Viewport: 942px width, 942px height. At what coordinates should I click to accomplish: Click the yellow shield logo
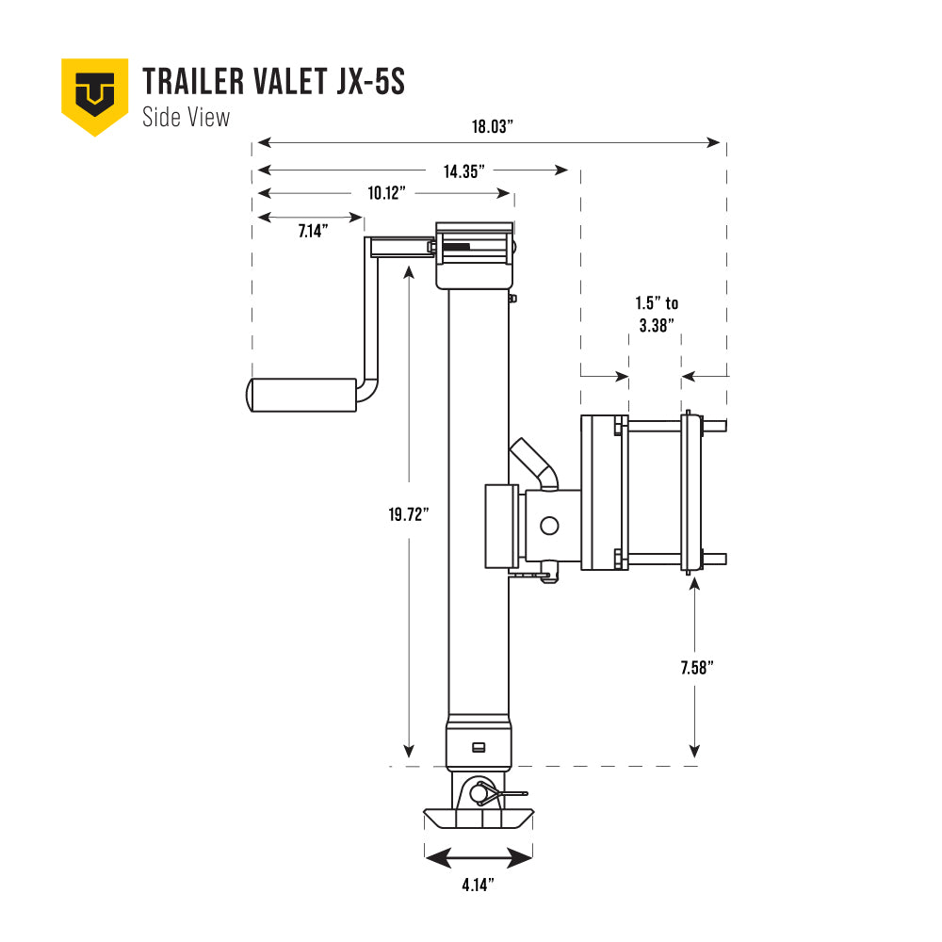pyautogui.click(x=94, y=94)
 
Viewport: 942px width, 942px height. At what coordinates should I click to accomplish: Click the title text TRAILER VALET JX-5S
pyautogui.click(x=273, y=82)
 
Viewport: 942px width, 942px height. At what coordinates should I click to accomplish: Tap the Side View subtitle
pyautogui.click(x=186, y=117)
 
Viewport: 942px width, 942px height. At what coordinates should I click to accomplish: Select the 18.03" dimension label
pyautogui.click(x=492, y=128)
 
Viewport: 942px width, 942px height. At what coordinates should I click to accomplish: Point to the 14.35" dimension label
pyautogui.click(x=463, y=171)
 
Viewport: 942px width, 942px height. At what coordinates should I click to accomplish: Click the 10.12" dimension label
pyautogui.click(x=386, y=193)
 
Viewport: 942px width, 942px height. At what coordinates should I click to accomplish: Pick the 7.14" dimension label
pyautogui.click(x=312, y=231)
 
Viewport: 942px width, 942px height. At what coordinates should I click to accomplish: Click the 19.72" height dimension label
pyautogui.click(x=408, y=513)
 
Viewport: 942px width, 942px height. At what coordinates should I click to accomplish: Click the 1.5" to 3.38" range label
pyautogui.click(x=656, y=314)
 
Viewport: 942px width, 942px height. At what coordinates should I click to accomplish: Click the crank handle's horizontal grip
pyautogui.click(x=301, y=395)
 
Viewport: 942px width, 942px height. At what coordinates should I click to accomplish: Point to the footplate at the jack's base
pyautogui.click(x=479, y=818)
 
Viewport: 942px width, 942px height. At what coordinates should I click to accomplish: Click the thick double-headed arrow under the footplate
pyautogui.click(x=479, y=858)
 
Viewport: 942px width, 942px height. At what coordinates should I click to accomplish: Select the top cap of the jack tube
pyautogui.click(x=475, y=228)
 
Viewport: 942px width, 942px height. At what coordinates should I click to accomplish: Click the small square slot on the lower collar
pyautogui.click(x=479, y=747)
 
